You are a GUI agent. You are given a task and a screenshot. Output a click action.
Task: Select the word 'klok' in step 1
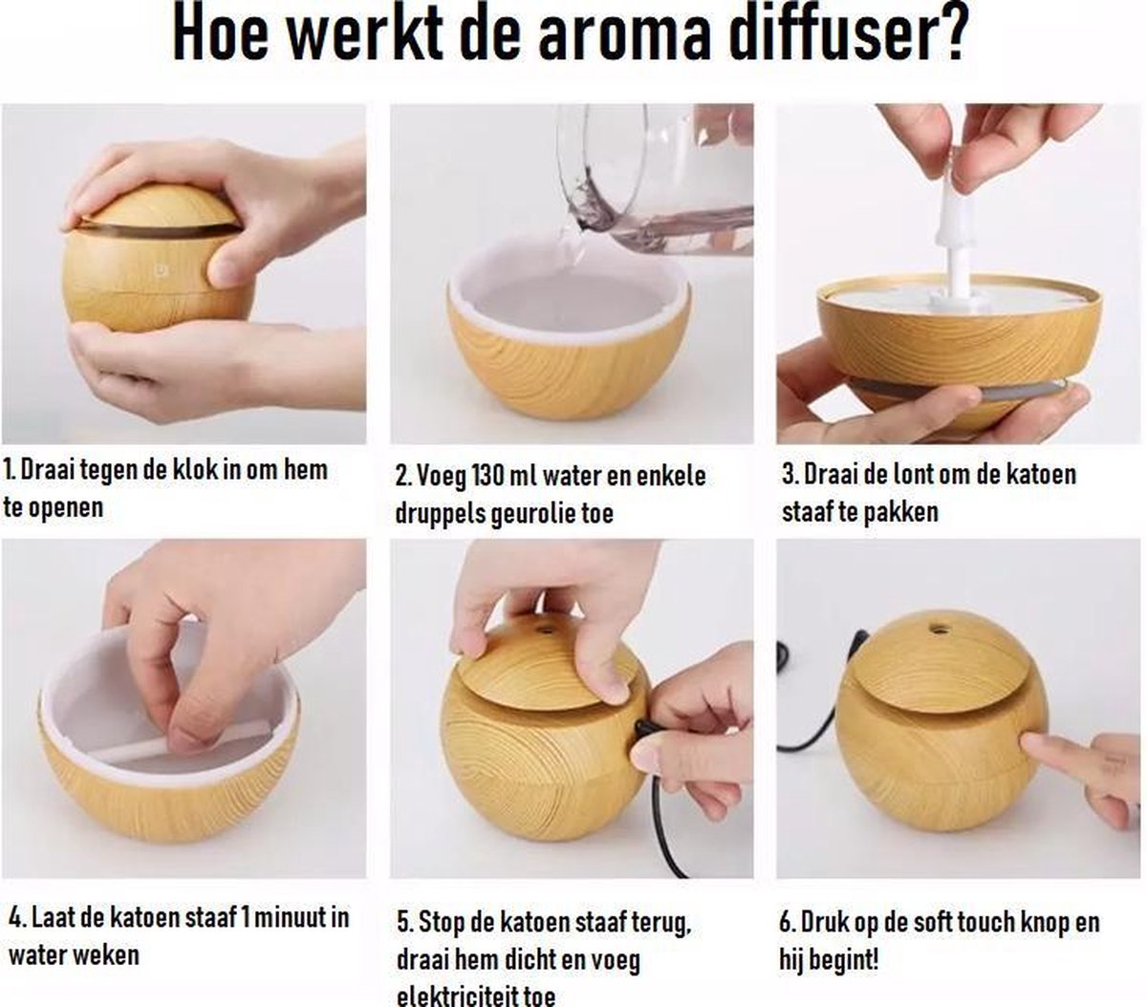[194, 470]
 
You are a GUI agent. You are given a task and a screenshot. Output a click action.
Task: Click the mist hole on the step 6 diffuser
[937, 628]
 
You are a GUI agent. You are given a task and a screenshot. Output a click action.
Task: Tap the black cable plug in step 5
[642, 731]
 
